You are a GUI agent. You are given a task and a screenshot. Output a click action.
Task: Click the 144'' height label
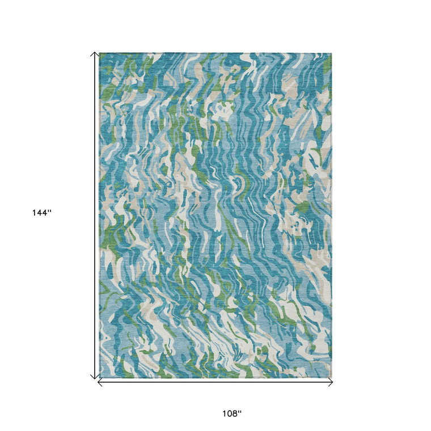point(41,213)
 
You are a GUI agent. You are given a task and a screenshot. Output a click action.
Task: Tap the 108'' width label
point(231,413)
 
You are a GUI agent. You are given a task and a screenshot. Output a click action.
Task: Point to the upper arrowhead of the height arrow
point(95,54)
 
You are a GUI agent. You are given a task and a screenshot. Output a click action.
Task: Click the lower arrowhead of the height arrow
point(95,377)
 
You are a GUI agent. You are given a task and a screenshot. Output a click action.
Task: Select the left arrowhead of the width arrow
point(100,383)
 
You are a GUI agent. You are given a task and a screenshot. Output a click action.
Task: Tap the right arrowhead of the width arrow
point(331,383)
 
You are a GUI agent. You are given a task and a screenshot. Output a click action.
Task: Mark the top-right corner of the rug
point(332,53)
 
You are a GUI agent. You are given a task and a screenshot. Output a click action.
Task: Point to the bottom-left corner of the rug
point(100,377)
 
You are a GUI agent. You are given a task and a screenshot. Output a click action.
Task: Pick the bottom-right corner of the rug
point(332,377)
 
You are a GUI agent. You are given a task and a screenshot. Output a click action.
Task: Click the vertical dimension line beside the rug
point(95,216)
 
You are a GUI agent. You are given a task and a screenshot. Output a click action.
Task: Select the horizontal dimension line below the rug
point(216,383)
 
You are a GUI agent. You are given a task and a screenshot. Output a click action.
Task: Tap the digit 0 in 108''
point(230,413)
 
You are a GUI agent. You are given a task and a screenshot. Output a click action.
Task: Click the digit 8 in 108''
point(235,413)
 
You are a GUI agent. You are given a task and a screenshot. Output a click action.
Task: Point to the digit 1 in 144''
point(35,213)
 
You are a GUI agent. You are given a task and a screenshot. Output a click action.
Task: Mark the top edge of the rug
point(216,54)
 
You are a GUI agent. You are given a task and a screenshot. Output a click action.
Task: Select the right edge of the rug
point(332,216)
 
